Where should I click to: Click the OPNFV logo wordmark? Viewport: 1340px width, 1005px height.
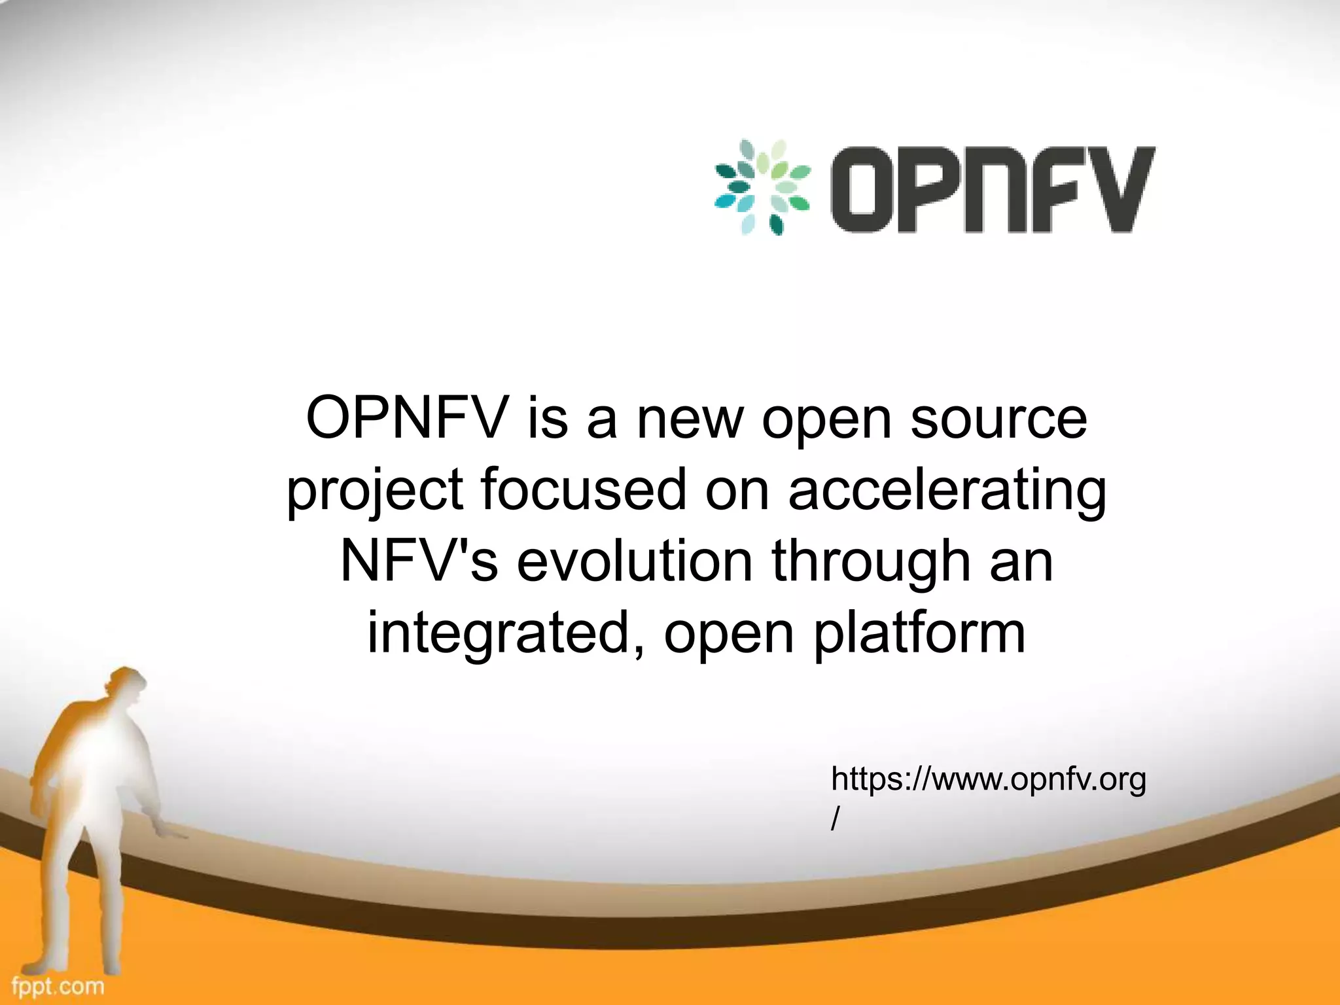[991, 189]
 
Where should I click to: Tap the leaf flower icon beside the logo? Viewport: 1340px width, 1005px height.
[762, 187]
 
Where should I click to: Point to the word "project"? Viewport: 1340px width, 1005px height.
[375, 491]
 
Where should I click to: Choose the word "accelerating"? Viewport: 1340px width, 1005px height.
[947, 491]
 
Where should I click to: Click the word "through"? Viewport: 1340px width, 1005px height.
[870, 563]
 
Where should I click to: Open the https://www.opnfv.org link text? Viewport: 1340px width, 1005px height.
[988, 780]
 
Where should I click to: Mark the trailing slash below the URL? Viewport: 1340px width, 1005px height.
[835, 819]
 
